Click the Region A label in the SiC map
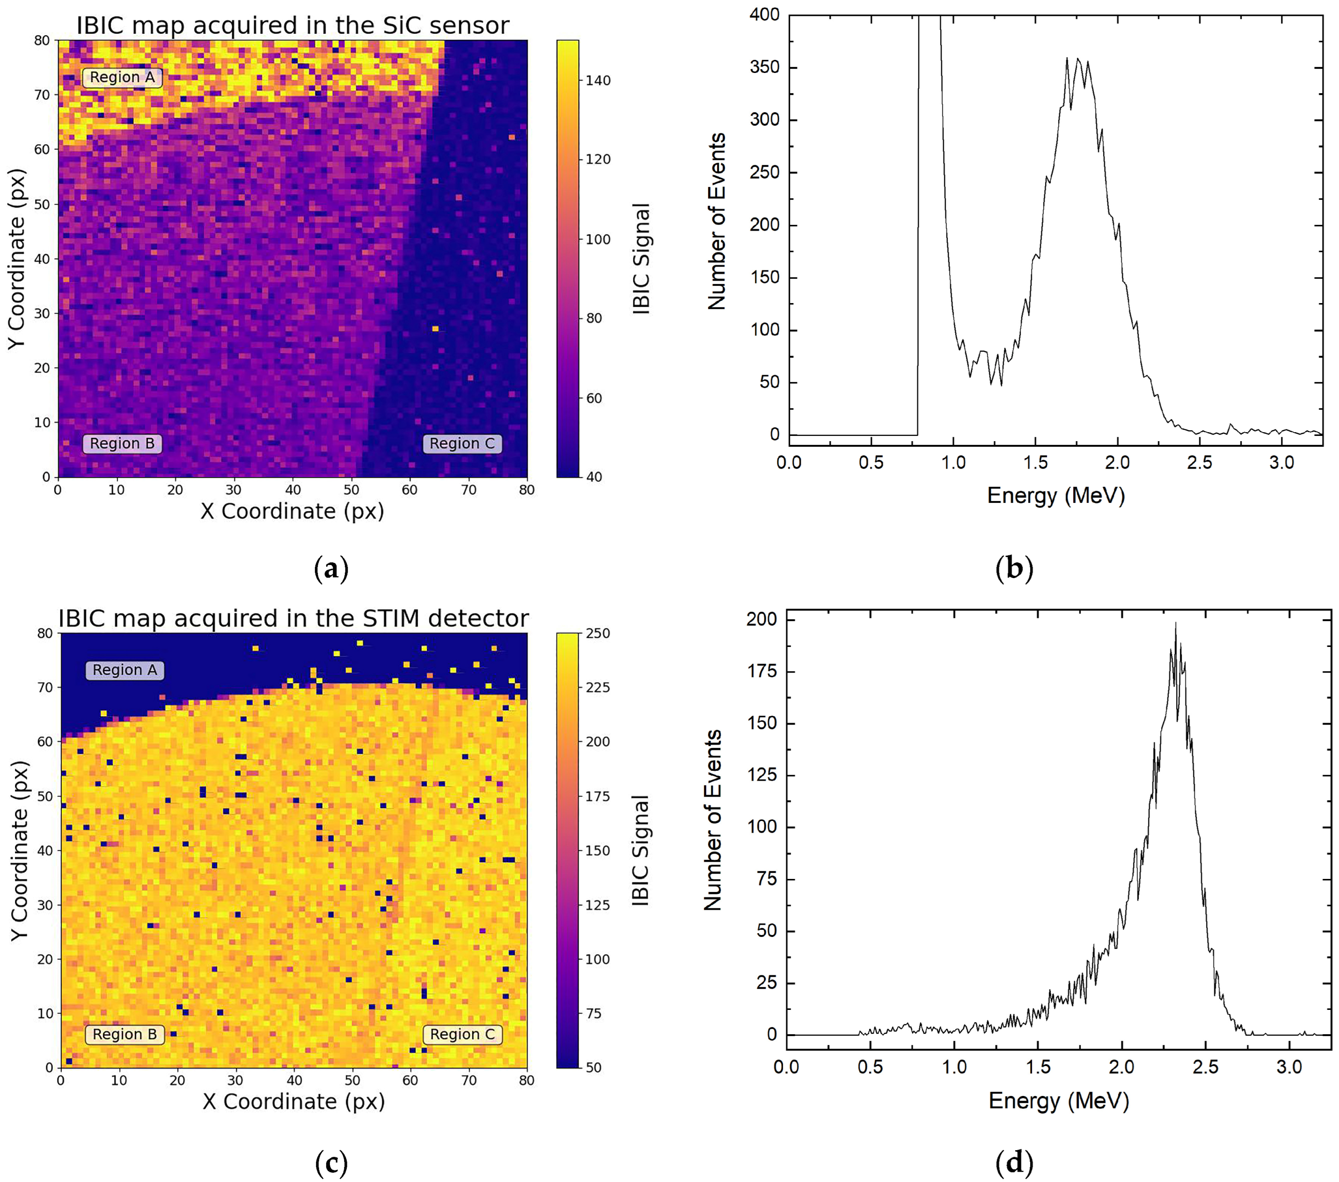pyautogui.click(x=123, y=77)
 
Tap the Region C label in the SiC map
pyautogui.click(x=462, y=443)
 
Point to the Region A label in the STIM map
pyautogui.click(x=124, y=670)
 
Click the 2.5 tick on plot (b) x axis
pyautogui.click(x=1200, y=463)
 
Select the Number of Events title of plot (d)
pyautogui.click(x=712, y=820)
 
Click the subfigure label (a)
pyautogui.click(x=331, y=568)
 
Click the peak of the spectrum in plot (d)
pyautogui.click(x=1175, y=624)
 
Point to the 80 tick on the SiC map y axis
pyautogui.click(x=42, y=41)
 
